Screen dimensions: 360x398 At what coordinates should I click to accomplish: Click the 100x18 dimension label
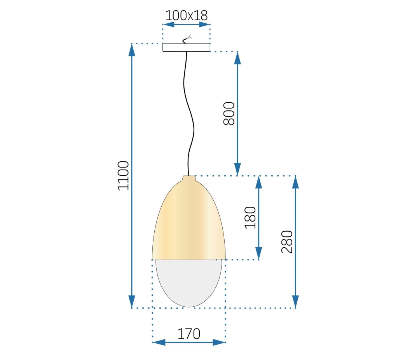click(x=187, y=15)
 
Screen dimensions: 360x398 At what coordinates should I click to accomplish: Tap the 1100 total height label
click(x=123, y=175)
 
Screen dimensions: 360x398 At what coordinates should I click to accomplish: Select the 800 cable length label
click(x=229, y=113)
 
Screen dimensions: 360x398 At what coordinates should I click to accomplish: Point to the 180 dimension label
click(x=250, y=217)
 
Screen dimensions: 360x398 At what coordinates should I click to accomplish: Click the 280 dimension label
click(x=287, y=242)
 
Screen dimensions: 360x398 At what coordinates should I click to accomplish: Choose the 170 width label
click(x=189, y=334)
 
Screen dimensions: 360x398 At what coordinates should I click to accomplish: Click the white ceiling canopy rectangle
click(x=186, y=47)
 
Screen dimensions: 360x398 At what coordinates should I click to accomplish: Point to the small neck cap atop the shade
click(x=189, y=178)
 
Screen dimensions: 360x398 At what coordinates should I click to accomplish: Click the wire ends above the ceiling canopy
click(x=187, y=38)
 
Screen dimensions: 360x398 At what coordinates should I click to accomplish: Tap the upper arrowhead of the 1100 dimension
click(x=132, y=49)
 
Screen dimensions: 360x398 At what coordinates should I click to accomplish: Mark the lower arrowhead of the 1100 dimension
click(x=132, y=302)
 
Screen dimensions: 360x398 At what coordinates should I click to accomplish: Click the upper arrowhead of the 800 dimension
click(x=237, y=58)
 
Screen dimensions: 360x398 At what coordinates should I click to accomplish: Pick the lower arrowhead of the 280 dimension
click(x=295, y=302)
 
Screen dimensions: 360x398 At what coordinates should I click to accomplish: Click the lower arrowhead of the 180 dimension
click(x=258, y=253)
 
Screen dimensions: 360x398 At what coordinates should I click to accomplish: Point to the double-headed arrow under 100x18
click(x=187, y=24)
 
